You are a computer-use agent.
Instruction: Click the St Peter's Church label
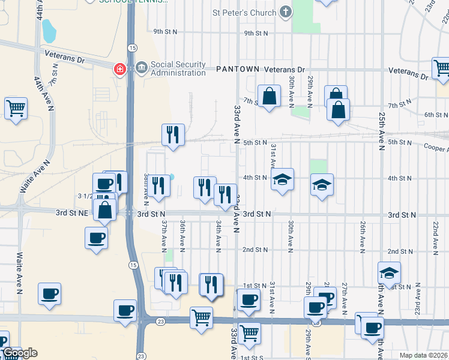click(x=244, y=12)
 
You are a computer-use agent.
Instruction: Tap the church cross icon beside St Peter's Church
click(x=286, y=12)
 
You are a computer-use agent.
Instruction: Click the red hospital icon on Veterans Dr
click(x=120, y=70)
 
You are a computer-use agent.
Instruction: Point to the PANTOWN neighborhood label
click(x=238, y=70)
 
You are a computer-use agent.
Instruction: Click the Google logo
click(x=19, y=353)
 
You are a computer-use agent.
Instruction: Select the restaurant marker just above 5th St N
click(x=173, y=136)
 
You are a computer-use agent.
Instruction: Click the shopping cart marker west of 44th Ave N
click(x=16, y=109)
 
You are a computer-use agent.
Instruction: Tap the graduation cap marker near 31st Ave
click(x=282, y=179)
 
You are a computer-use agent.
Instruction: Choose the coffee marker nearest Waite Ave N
click(x=49, y=294)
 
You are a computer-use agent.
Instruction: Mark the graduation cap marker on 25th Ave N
click(x=389, y=272)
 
